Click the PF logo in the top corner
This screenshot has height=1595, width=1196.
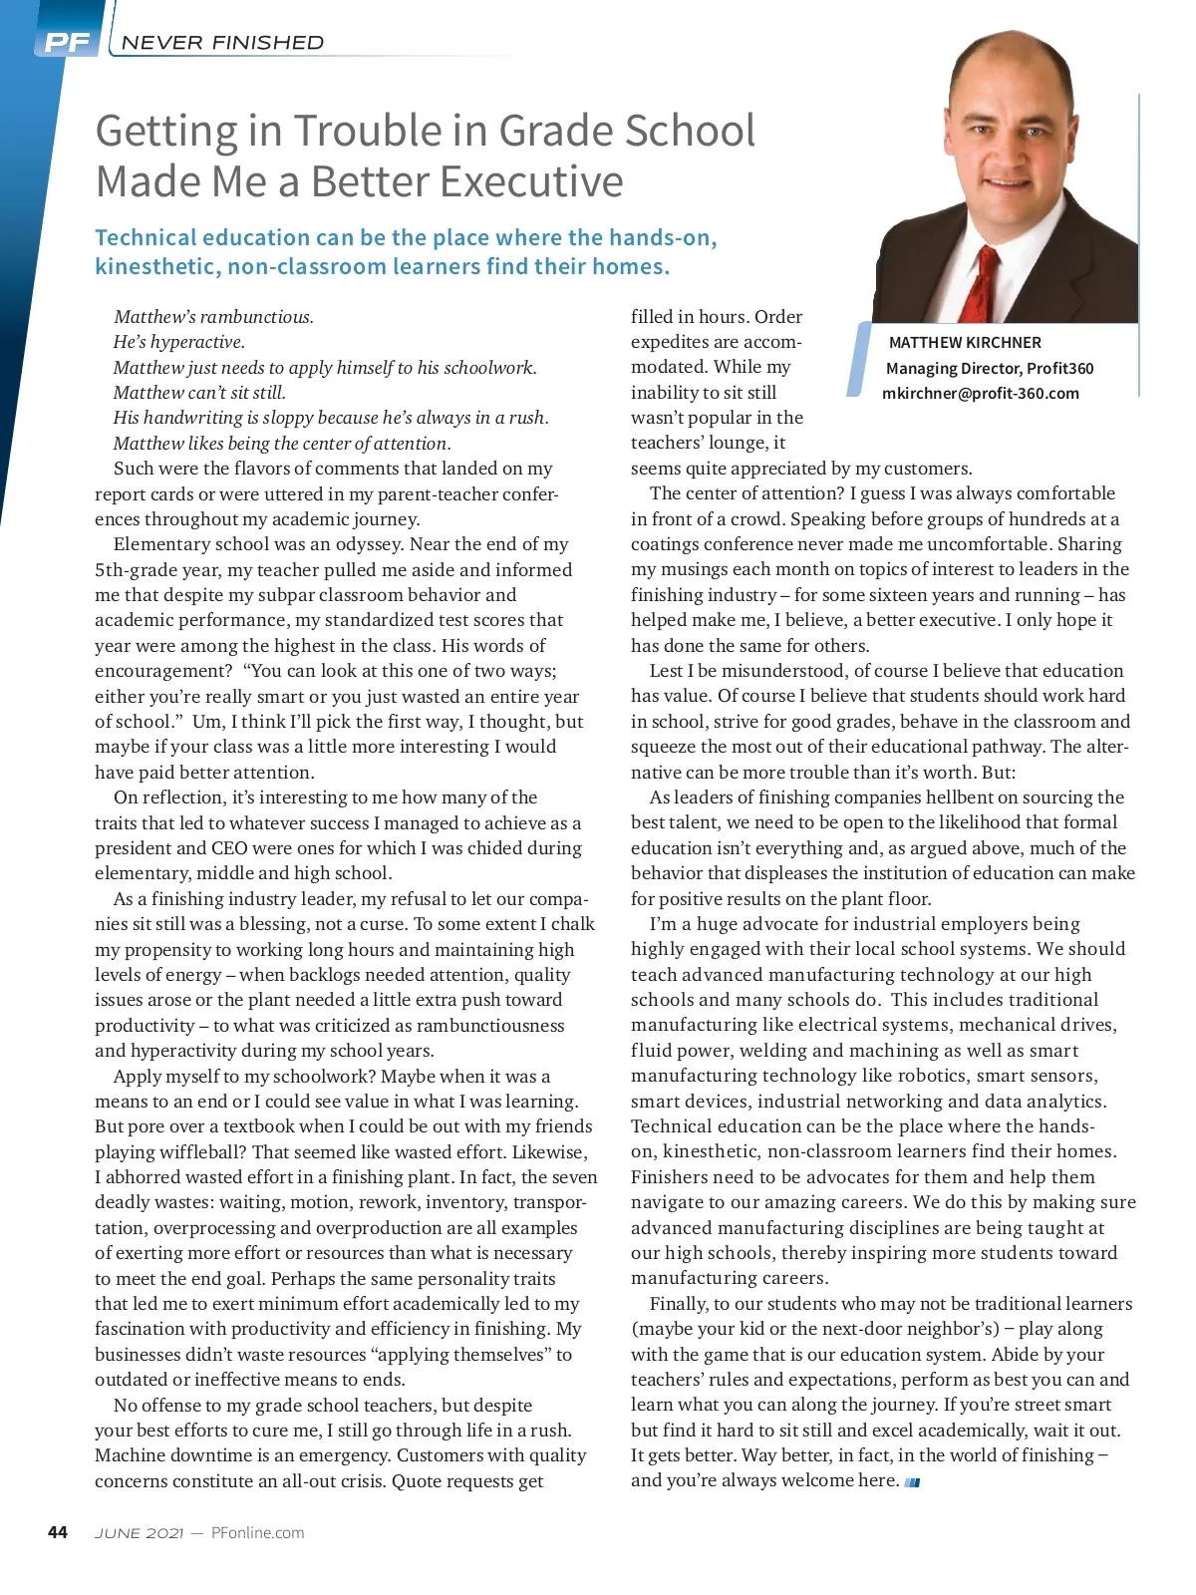pyautogui.click(x=67, y=42)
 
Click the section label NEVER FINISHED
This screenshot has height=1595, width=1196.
pyautogui.click(x=222, y=43)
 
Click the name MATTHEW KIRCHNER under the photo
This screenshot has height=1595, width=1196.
pyautogui.click(x=964, y=342)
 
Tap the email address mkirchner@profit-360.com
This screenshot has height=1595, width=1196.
pyautogui.click(x=980, y=393)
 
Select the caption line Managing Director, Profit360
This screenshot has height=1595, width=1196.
pyautogui.click(x=989, y=368)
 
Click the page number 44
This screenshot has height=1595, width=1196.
pyautogui.click(x=58, y=1532)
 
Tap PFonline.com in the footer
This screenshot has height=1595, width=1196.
pyautogui.click(x=257, y=1533)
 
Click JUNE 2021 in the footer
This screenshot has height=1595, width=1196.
pyautogui.click(x=139, y=1533)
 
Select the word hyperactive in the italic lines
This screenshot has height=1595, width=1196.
pyautogui.click(x=195, y=342)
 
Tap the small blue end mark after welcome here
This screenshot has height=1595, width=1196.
pyautogui.click(x=912, y=1482)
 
